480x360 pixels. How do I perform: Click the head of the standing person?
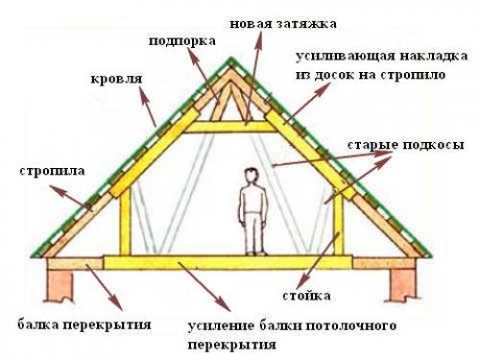(252, 177)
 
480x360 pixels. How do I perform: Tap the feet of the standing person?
(252, 252)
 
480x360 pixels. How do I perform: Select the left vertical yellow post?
(123, 224)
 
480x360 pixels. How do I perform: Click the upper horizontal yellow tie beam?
(230, 126)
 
